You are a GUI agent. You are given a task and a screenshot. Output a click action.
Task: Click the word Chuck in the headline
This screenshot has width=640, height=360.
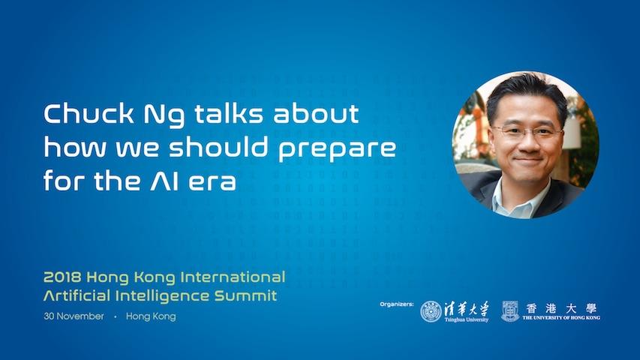[x=89, y=113]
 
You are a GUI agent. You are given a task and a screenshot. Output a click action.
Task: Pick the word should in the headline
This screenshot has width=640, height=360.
[x=219, y=146]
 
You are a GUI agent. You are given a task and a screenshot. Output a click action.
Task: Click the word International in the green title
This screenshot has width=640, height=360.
[x=233, y=277]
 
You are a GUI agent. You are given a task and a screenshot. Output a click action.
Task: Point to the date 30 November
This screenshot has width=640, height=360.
[x=74, y=316]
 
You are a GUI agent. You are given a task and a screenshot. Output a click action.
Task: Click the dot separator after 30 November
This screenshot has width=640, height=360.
[x=116, y=316]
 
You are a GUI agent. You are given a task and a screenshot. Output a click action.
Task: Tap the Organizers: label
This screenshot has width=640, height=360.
[x=397, y=304]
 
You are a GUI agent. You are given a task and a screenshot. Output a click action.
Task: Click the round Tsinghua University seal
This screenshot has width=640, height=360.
[x=431, y=311]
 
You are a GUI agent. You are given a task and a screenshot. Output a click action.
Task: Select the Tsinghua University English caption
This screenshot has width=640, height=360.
[x=467, y=319]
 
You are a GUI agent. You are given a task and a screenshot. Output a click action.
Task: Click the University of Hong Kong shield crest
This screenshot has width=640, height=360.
[x=510, y=311]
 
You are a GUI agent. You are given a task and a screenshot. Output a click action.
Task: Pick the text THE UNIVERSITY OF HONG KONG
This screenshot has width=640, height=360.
[x=561, y=317]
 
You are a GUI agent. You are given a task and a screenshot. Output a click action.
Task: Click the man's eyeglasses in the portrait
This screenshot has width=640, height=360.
[x=527, y=132]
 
